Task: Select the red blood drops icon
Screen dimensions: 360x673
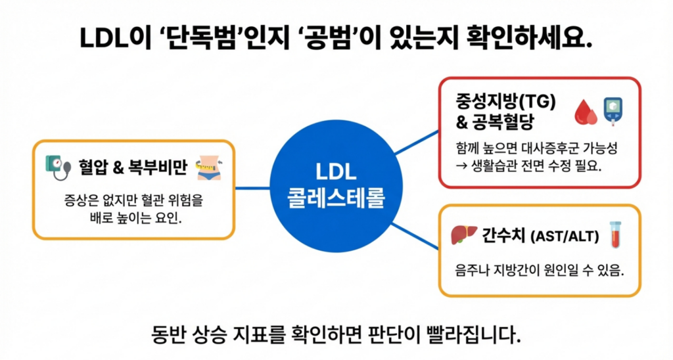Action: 585,112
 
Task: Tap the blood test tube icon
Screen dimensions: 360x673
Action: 615,235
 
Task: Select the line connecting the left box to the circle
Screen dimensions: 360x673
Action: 253,189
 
